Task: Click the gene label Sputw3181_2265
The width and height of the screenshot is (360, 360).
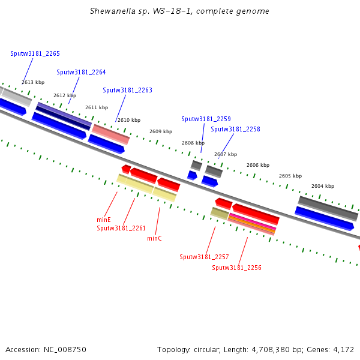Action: coord(35,54)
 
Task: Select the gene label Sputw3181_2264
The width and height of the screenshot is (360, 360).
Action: coord(81,73)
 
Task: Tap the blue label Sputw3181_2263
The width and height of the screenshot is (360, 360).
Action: coord(127,90)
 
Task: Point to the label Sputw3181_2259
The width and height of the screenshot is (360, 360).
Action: coord(206,119)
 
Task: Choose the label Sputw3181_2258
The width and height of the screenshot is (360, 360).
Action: coord(235,129)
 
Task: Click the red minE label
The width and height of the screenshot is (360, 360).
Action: coord(104,220)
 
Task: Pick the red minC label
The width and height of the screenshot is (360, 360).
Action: coord(154,239)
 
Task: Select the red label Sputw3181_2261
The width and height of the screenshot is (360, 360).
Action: coord(121,228)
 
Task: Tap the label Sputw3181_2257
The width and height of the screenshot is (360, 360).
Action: coord(204,257)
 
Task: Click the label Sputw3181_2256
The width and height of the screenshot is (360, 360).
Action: coord(236,268)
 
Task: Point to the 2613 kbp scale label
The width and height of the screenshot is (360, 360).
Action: coord(33,82)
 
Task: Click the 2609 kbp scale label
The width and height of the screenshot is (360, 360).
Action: coord(161,131)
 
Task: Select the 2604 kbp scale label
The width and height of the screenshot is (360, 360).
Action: coord(323,186)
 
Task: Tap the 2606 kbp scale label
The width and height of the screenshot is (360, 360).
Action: coord(258,165)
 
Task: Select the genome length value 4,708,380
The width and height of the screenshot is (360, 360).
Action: coord(271,350)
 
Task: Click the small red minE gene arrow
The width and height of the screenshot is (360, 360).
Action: coord(126,169)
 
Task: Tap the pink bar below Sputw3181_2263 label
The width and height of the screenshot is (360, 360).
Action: coord(110,134)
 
